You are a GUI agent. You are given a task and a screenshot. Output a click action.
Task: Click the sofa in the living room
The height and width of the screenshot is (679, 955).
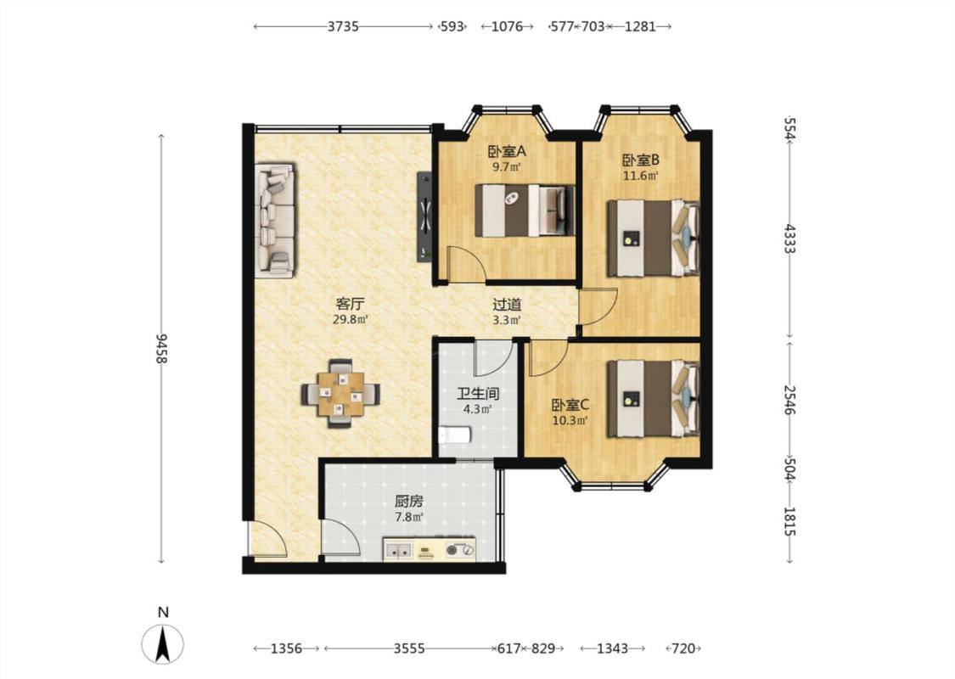pyautogui.click(x=275, y=220)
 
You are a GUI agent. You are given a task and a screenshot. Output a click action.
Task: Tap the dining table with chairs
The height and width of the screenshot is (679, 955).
pyautogui.click(x=340, y=394)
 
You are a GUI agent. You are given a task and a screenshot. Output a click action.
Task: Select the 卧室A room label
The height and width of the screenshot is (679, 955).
pyautogui.click(x=506, y=150)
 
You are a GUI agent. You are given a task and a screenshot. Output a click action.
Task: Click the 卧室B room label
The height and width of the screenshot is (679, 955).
pyautogui.click(x=641, y=160)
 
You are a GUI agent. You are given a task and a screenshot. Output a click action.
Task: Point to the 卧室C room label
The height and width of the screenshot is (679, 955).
pyautogui.click(x=570, y=405)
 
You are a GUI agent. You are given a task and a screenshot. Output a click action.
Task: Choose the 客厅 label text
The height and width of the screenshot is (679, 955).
pyautogui.click(x=351, y=303)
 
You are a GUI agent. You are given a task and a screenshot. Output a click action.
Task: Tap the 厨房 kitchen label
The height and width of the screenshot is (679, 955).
pyautogui.click(x=408, y=501)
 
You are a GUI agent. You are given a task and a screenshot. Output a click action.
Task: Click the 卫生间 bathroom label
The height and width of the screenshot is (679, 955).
pyautogui.click(x=478, y=393)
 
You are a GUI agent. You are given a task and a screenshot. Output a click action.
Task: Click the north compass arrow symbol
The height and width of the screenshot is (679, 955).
pyautogui.click(x=163, y=643)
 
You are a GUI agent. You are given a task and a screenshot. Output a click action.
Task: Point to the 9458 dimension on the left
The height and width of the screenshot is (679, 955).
pyautogui.click(x=161, y=349)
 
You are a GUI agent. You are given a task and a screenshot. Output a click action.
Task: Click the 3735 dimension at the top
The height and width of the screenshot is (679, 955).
pyautogui.click(x=343, y=26)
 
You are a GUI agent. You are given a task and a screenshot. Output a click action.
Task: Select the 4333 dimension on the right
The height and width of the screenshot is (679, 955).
pyautogui.click(x=789, y=238)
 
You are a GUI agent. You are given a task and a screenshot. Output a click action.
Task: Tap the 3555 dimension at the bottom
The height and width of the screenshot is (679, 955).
pyautogui.click(x=408, y=648)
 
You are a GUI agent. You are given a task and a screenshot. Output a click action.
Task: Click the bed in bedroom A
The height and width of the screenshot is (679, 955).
pyautogui.click(x=525, y=210)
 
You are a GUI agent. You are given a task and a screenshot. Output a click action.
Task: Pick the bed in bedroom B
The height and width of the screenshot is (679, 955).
pyautogui.click(x=653, y=238)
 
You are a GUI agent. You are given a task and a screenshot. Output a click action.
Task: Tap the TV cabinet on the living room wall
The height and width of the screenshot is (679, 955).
pyautogui.click(x=424, y=216)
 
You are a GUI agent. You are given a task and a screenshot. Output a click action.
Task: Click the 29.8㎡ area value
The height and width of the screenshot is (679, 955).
pyautogui.click(x=351, y=319)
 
